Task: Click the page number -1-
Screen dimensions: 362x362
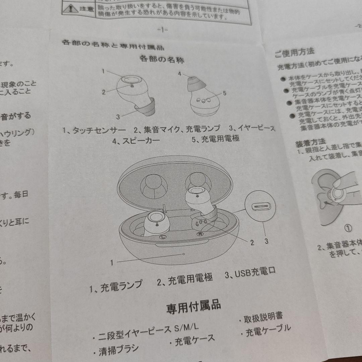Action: click(162, 30)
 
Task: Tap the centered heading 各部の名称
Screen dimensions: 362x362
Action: click(162, 60)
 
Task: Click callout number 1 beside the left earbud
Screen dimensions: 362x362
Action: click(104, 71)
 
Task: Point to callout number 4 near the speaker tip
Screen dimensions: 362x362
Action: click(180, 74)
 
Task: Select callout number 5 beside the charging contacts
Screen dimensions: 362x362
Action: click(224, 94)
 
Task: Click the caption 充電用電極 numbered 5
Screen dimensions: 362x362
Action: click(220, 139)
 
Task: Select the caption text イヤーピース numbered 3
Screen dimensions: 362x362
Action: click(256, 128)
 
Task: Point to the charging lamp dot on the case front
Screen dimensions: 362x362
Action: click(184, 254)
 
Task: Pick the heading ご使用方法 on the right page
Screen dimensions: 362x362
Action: click(294, 52)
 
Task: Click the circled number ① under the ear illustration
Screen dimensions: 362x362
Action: click(348, 228)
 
